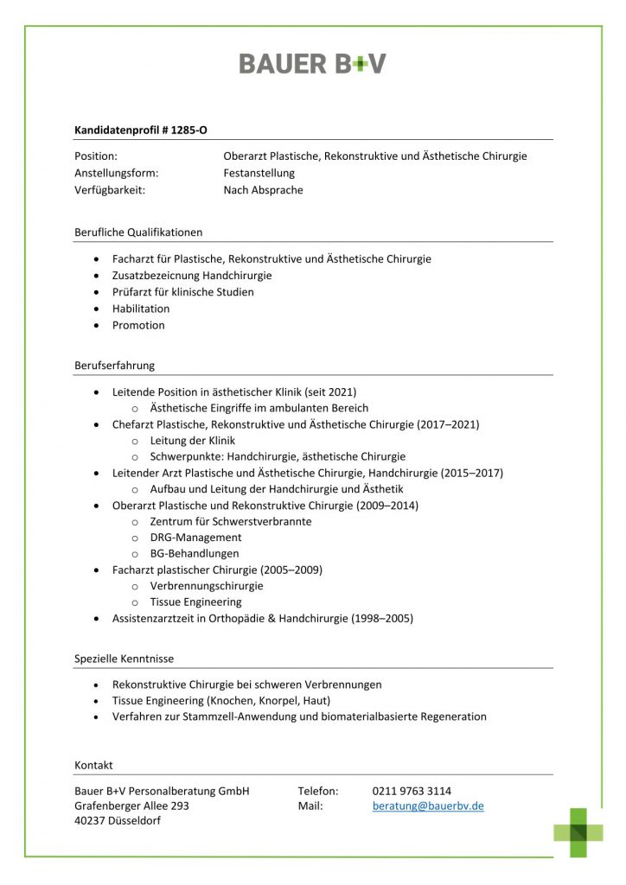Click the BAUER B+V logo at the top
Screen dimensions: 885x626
tap(312, 63)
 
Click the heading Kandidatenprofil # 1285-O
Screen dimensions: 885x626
tap(141, 131)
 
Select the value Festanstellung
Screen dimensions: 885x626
tap(259, 173)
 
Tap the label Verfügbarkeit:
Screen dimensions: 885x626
tap(110, 190)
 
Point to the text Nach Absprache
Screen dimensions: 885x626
tap(263, 190)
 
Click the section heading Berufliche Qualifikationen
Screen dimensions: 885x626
tap(138, 232)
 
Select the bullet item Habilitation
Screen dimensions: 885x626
tap(141, 309)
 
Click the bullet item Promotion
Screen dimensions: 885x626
tap(138, 325)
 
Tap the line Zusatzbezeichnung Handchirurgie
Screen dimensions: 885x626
tap(192, 276)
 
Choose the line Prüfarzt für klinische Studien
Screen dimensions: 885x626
tap(183, 292)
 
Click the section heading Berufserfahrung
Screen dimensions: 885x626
tap(115, 365)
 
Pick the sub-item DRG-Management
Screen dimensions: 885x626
tap(195, 538)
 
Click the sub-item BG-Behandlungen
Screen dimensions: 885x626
tap(195, 553)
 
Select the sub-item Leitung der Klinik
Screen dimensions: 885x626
tap(192, 441)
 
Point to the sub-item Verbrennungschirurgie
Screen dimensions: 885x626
tap(207, 586)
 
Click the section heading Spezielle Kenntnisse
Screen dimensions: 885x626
tap(124, 659)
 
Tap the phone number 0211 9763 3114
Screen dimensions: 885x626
tap(412, 791)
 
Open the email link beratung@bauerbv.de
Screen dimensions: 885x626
tap(428, 806)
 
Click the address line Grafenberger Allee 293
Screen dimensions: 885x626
tap(131, 806)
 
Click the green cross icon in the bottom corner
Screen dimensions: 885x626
tap(578, 832)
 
